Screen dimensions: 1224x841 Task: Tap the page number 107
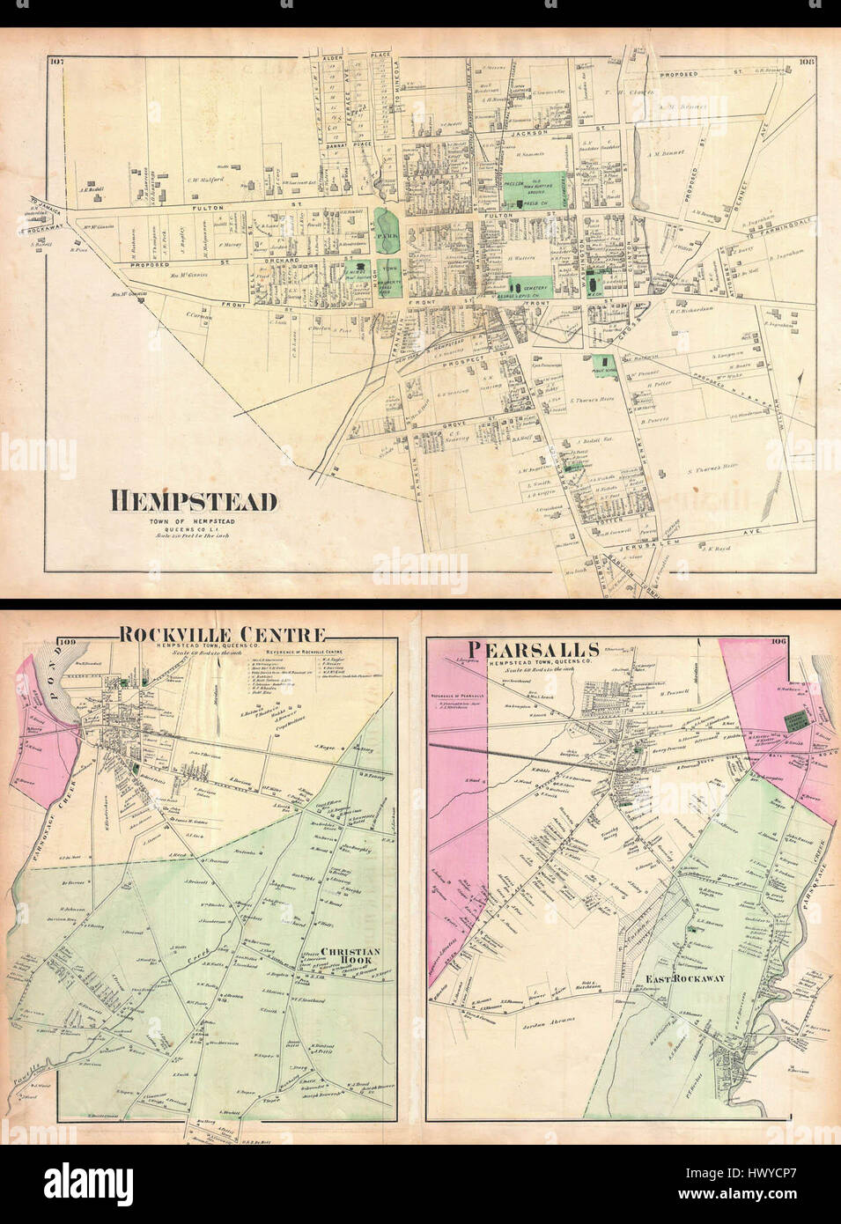(x=59, y=61)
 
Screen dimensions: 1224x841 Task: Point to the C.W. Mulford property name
(x=205, y=180)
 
